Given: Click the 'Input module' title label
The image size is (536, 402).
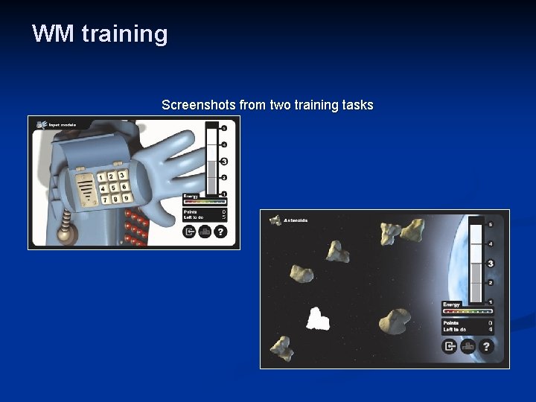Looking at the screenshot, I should (x=63, y=125).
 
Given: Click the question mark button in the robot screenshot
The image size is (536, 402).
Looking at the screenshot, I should (x=220, y=232).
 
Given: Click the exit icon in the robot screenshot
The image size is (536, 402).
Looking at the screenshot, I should (x=189, y=232).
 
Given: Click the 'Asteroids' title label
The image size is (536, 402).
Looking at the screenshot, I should (x=294, y=220).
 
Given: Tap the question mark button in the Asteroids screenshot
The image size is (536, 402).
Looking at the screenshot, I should (x=486, y=346).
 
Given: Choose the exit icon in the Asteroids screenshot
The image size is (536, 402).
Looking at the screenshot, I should (x=450, y=346).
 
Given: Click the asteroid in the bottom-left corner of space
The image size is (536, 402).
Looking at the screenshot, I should (x=281, y=348).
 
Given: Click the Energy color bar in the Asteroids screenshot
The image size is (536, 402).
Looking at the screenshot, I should (x=468, y=311).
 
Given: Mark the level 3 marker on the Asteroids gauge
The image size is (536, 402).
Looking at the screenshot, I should (x=491, y=264).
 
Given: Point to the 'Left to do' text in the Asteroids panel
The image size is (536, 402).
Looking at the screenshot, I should (x=455, y=329).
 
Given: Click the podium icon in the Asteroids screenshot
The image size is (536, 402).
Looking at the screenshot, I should (x=468, y=346).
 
